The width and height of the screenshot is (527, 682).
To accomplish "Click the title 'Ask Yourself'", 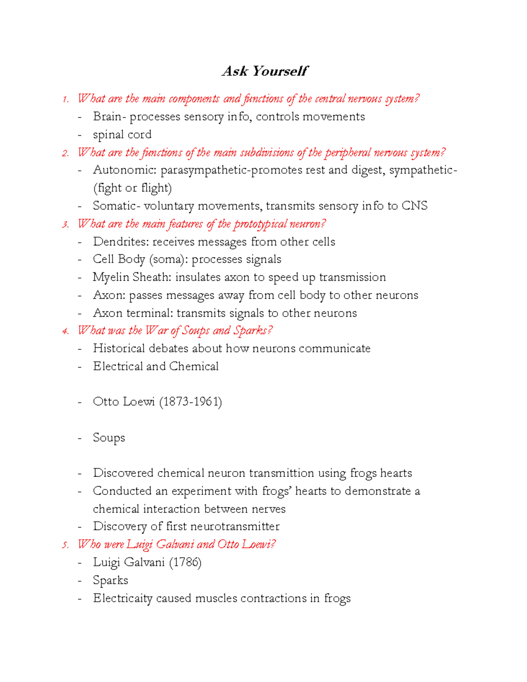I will tap(265, 71).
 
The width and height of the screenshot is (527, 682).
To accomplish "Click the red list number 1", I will tap(65, 99).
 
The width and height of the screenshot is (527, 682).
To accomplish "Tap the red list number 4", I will tap(65, 331).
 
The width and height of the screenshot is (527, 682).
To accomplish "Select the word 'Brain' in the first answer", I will tap(107, 117).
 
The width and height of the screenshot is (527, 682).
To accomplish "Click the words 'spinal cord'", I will tap(122, 135).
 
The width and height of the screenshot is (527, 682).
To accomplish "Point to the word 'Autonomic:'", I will tap(125, 170).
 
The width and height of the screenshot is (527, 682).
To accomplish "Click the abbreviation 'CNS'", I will tap(414, 206).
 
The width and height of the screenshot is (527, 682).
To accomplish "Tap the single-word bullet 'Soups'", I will tap(109, 438).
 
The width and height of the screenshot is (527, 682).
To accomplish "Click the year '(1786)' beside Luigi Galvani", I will tap(185, 563).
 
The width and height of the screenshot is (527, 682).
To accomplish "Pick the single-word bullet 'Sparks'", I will tap(110, 581).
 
